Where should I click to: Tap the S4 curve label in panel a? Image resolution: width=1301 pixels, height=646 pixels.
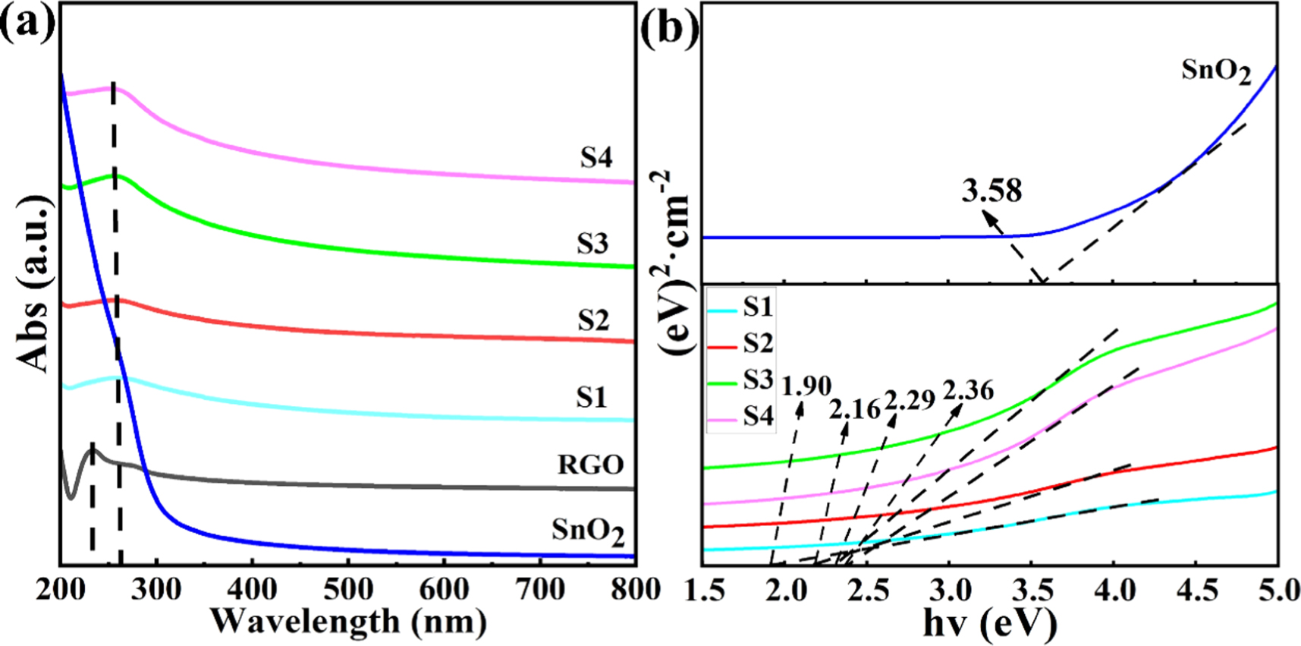[x=596, y=157]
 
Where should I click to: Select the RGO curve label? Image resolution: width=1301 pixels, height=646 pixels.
[x=591, y=465]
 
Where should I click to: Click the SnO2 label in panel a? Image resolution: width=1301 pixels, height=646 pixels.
[x=588, y=531]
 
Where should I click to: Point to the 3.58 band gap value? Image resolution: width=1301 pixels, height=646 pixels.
[x=991, y=191]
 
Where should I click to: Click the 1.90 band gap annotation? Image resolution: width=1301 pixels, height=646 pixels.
[x=806, y=386]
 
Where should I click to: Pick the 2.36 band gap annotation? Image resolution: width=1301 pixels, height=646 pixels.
[x=968, y=390]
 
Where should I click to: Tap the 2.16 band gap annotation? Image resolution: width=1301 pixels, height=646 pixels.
[x=855, y=410]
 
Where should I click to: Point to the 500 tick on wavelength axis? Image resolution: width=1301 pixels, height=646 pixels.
[x=348, y=590]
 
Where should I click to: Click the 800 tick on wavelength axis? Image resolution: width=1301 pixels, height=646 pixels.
[x=634, y=590]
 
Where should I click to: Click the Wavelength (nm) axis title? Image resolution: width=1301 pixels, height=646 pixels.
[x=348, y=622]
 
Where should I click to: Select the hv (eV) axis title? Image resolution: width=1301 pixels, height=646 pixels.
[x=990, y=624]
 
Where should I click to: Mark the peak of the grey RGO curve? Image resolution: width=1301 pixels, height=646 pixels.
[x=93, y=448]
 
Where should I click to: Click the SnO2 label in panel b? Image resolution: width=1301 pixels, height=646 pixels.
[x=1215, y=72]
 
